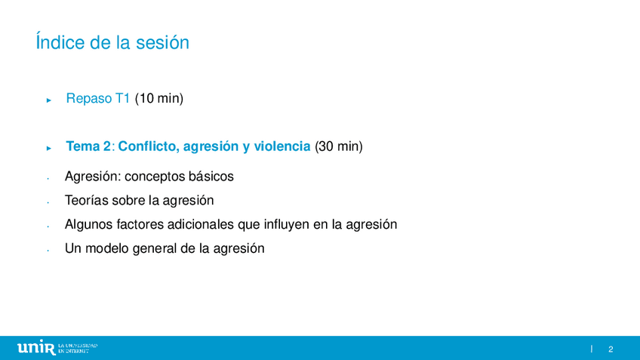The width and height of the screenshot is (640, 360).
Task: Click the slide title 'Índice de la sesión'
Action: click(112, 42)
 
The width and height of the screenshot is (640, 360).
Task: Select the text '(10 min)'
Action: click(159, 98)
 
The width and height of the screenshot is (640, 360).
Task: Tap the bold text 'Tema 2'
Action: click(88, 146)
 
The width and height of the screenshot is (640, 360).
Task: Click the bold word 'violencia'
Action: click(282, 146)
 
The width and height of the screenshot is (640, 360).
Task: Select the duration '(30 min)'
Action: click(339, 146)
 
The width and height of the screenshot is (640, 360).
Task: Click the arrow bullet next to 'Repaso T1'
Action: click(49, 100)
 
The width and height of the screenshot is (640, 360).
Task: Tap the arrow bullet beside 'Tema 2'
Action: click(49, 148)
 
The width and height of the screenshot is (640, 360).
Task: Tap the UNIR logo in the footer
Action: click(57, 348)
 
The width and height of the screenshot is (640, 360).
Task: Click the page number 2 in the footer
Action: click(611, 349)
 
